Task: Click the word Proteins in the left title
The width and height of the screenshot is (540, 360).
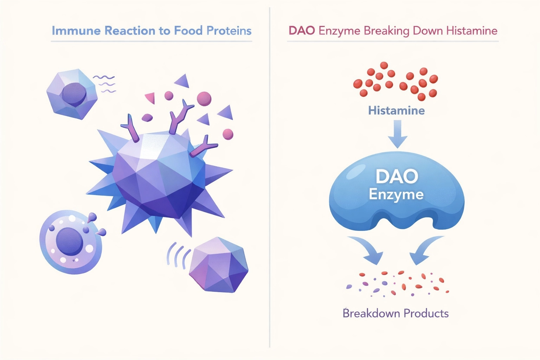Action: (x=229, y=31)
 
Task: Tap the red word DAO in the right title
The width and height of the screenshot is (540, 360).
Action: (x=302, y=31)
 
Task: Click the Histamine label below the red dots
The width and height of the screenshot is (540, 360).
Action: (x=396, y=111)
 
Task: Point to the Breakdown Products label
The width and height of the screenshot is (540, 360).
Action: (x=396, y=313)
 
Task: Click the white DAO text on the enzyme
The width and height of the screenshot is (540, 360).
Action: (x=397, y=176)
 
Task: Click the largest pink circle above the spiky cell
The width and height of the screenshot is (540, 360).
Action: (x=204, y=99)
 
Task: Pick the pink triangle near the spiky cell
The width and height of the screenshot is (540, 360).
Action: (x=150, y=97)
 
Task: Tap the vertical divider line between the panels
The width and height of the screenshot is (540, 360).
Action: (x=270, y=176)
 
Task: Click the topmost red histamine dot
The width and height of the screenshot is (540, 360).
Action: (x=384, y=65)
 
